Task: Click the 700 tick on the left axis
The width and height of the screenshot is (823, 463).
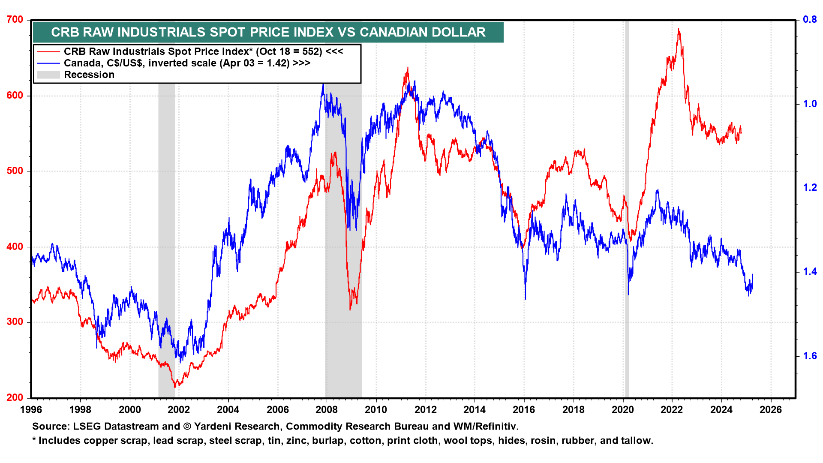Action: click(x=15, y=20)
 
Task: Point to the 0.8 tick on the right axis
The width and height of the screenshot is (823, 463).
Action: click(x=810, y=20)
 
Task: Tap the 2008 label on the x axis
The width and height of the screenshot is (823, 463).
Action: click(x=327, y=410)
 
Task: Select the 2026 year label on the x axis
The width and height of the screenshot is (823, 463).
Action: click(x=771, y=410)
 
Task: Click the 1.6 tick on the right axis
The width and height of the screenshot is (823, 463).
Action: click(x=810, y=356)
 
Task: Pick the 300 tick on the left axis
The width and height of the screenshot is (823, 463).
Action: click(x=15, y=322)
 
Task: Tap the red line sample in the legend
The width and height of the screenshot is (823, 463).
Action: click(x=48, y=52)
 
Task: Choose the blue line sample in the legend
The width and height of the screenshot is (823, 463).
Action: click(x=48, y=63)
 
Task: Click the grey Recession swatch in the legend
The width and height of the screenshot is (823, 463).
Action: click(x=48, y=75)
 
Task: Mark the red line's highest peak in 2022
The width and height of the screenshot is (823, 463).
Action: click(x=678, y=30)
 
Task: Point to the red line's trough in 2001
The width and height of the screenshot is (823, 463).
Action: click(x=174, y=387)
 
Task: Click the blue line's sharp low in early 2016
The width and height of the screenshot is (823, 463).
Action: click(x=525, y=298)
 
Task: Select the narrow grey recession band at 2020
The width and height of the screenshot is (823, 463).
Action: click(x=627, y=214)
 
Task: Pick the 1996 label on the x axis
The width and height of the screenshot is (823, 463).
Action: click(x=31, y=410)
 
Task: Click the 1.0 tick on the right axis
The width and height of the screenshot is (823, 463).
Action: click(x=810, y=104)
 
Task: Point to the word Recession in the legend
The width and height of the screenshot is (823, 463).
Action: click(x=89, y=75)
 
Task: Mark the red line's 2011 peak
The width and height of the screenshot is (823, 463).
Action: click(x=407, y=68)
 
